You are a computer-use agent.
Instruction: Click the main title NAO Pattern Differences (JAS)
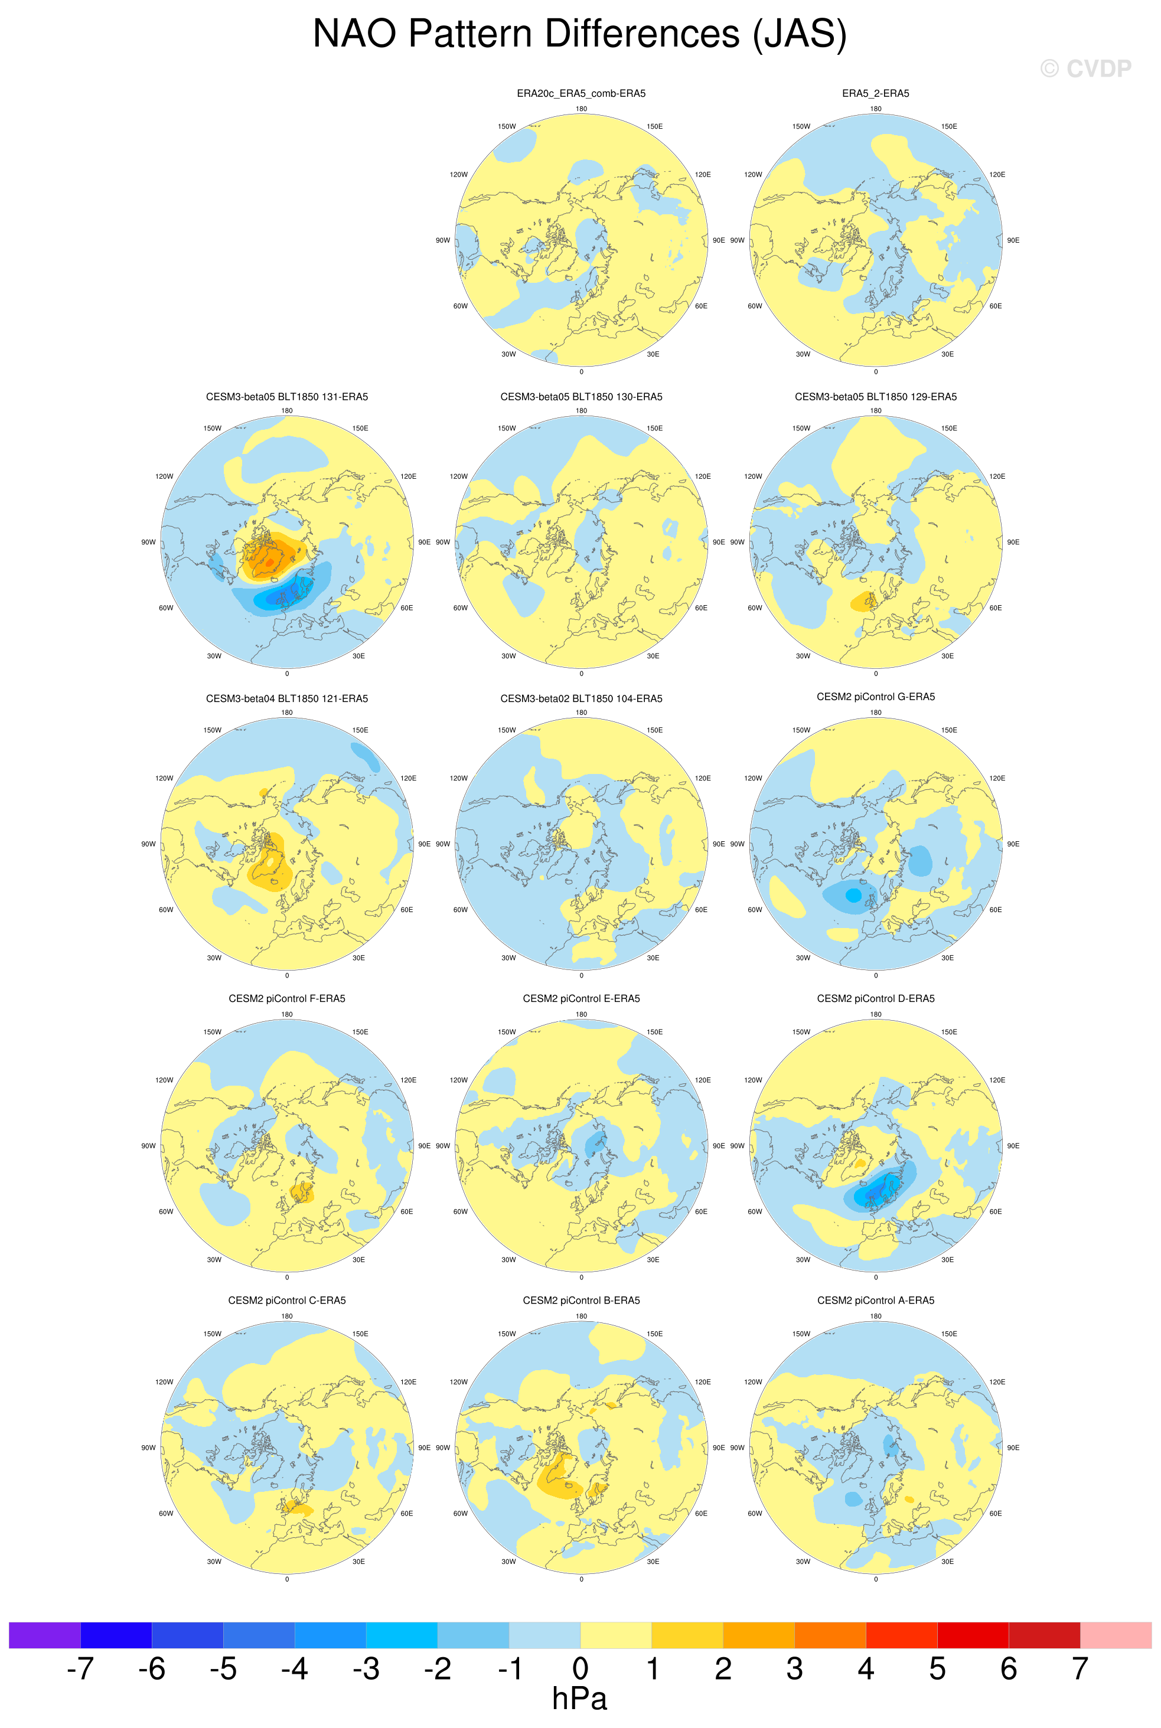[x=580, y=34]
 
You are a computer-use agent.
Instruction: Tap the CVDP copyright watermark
[x=1085, y=69]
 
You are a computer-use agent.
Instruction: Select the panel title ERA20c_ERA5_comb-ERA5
[x=580, y=93]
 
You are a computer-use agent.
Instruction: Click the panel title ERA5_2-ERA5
[x=875, y=93]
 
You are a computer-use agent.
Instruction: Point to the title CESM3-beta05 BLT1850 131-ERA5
[x=286, y=397]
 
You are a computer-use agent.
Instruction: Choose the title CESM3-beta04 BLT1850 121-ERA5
[x=286, y=698]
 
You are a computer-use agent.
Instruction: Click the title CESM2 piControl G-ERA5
[x=875, y=697]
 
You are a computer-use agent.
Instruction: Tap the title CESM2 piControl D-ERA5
[x=875, y=998]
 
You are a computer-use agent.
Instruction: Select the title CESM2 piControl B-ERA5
[x=580, y=1300]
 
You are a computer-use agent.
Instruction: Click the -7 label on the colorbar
[x=80, y=1669]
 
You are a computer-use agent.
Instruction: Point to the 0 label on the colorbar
[x=580, y=1669]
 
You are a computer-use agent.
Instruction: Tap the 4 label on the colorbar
[x=866, y=1669]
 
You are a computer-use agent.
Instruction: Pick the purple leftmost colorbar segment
[x=44, y=1635]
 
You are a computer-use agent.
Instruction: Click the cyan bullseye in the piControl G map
[x=853, y=895]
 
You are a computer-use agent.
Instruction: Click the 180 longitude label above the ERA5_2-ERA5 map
[x=875, y=109]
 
